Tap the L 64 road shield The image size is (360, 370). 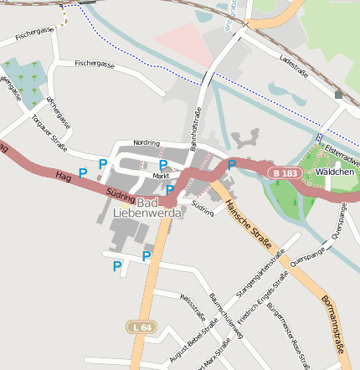coord(141,326)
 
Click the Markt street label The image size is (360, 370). coord(161,177)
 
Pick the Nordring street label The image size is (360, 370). coord(146,142)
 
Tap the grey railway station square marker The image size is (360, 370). coord(338,95)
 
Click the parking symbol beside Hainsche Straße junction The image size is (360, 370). coord(231,165)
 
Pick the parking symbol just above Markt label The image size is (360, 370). coord(163,165)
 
